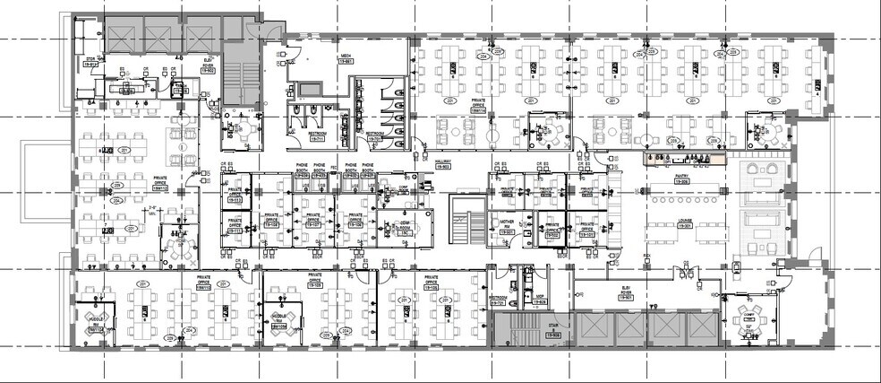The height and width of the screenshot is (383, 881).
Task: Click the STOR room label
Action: (90, 60)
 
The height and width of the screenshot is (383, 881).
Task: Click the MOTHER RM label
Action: (507, 229)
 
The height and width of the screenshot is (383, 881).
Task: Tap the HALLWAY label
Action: (442, 164)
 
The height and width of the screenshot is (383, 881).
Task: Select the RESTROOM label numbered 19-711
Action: (316, 135)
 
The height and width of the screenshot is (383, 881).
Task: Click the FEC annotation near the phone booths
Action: (333, 167)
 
